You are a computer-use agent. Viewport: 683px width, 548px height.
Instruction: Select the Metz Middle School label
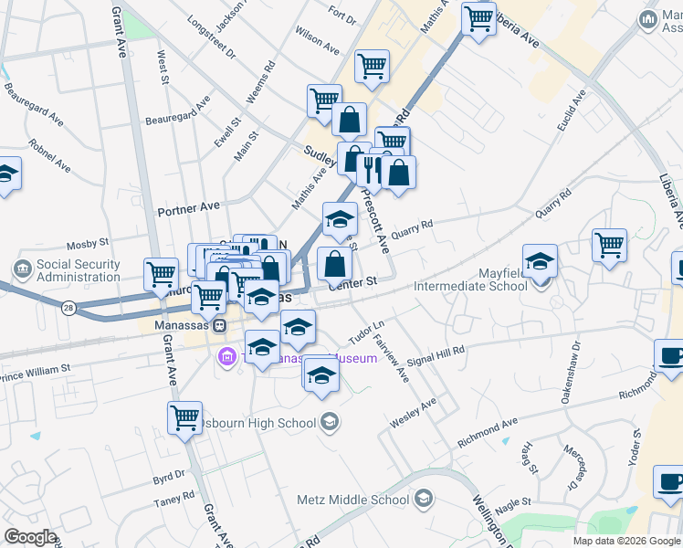(x=352, y=500)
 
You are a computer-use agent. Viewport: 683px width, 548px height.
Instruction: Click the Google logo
(x=30, y=537)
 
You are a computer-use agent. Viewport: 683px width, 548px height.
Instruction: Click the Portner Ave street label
(x=188, y=209)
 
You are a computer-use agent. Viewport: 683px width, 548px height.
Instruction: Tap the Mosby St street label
(x=89, y=245)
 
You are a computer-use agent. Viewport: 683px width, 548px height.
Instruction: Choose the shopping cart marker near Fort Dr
(x=372, y=67)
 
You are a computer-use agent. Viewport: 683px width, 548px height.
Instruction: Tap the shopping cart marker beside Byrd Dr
(x=185, y=417)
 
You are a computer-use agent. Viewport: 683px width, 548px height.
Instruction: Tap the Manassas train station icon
(x=219, y=325)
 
